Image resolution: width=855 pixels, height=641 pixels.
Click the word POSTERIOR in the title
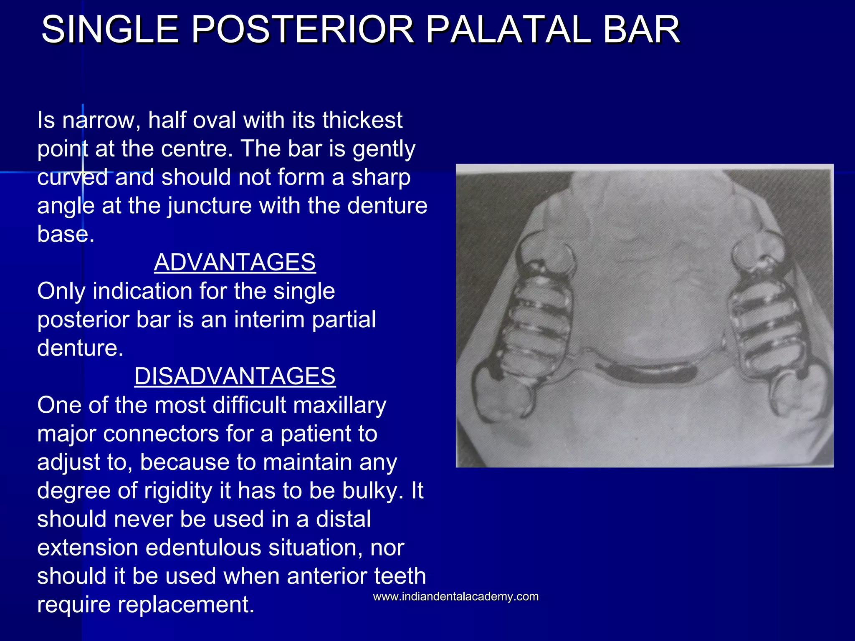click(x=303, y=29)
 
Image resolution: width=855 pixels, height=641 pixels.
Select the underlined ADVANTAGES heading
click(x=235, y=262)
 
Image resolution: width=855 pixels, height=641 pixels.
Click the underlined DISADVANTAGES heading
click(x=235, y=376)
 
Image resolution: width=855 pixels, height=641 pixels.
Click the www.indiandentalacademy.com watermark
click(x=455, y=596)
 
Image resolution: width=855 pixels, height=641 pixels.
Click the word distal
click(x=343, y=519)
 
